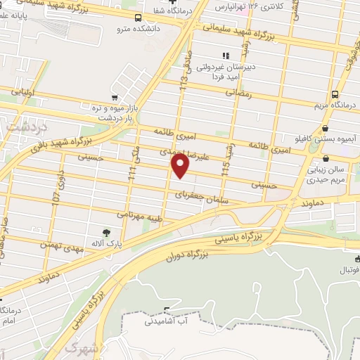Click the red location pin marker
[180, 166]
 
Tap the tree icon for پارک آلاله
[106, 231]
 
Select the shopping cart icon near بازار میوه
[114, 98]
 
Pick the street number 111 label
[131, 173]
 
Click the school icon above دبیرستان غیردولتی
[225, 56]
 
